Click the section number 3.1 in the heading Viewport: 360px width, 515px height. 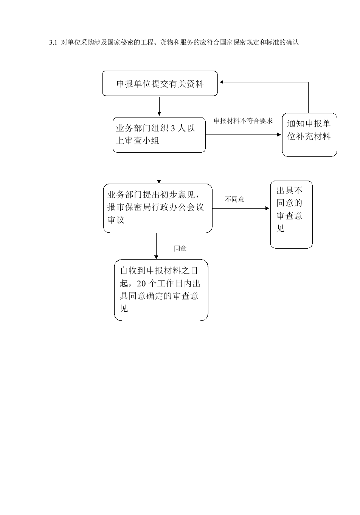click(53, 43)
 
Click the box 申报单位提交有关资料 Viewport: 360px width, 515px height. click(160, 83)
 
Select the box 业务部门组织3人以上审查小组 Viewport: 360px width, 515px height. click(159, 135)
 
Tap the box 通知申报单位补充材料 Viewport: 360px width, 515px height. click(309, 135)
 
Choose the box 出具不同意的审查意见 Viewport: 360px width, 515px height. click(291, 215)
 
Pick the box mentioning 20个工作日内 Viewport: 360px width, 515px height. click(161, 290)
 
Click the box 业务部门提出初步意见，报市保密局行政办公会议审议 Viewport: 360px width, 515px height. click(158, 208)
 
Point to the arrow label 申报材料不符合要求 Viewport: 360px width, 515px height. click(243, 121)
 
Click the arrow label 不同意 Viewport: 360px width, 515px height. click(234, 199)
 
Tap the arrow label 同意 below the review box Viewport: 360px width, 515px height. click(180, 248)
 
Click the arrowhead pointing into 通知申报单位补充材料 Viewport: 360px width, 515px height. click(279, 135)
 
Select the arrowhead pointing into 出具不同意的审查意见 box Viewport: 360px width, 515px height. click(267, 208)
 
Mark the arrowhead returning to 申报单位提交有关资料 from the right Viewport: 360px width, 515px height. click(221, 82)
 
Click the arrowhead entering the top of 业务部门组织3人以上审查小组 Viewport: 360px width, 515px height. click(159, 114)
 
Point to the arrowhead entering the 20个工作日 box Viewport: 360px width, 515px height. click(156, 257)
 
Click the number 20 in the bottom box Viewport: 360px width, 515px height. click(141, 284)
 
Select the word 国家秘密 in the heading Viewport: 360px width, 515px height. click(121, 43)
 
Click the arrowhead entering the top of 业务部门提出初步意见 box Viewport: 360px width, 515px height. click(159, 182)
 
